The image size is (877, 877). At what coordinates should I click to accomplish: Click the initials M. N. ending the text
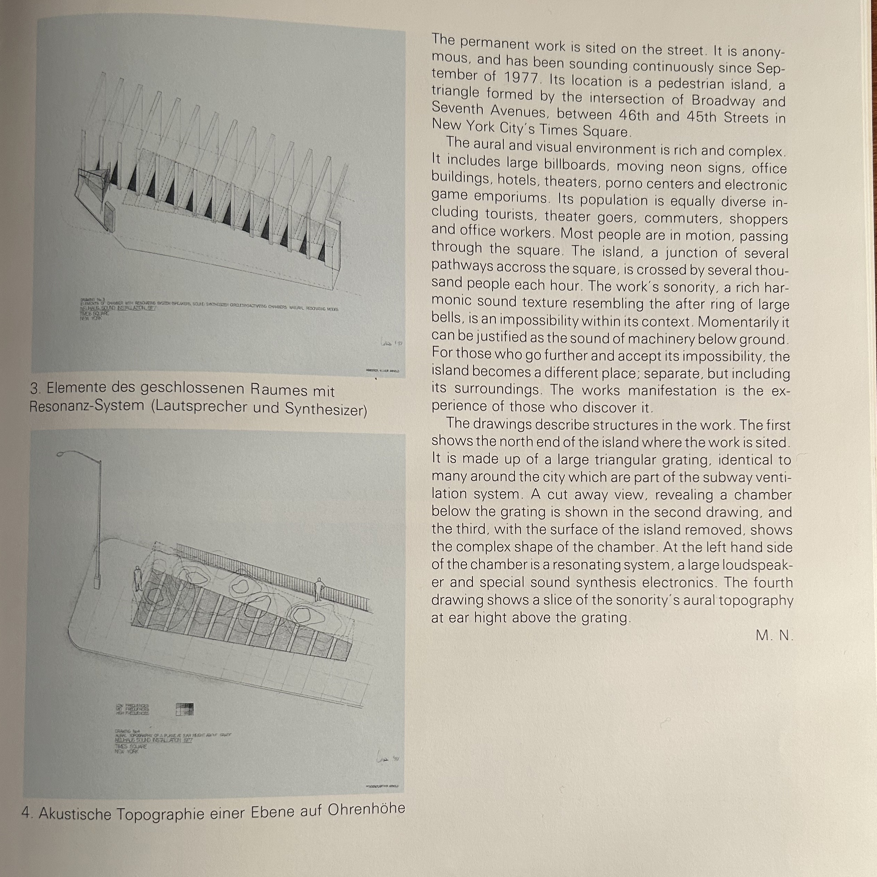point(774,635)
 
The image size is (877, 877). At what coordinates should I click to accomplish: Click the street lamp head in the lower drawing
point(64,454)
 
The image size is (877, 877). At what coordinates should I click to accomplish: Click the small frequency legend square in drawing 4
point(184,709)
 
